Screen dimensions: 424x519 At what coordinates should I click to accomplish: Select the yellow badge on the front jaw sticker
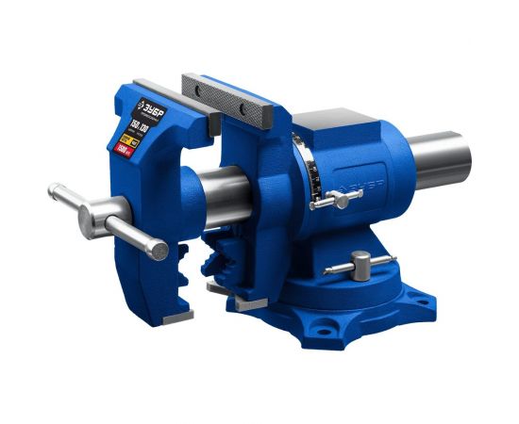pyautogui.click(x=120, y=137)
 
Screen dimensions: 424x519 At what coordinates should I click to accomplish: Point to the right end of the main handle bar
pyautogui.click(x=157, y=250)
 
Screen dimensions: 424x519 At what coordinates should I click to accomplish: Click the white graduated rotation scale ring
pyautogui.click(x=304, y=170)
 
